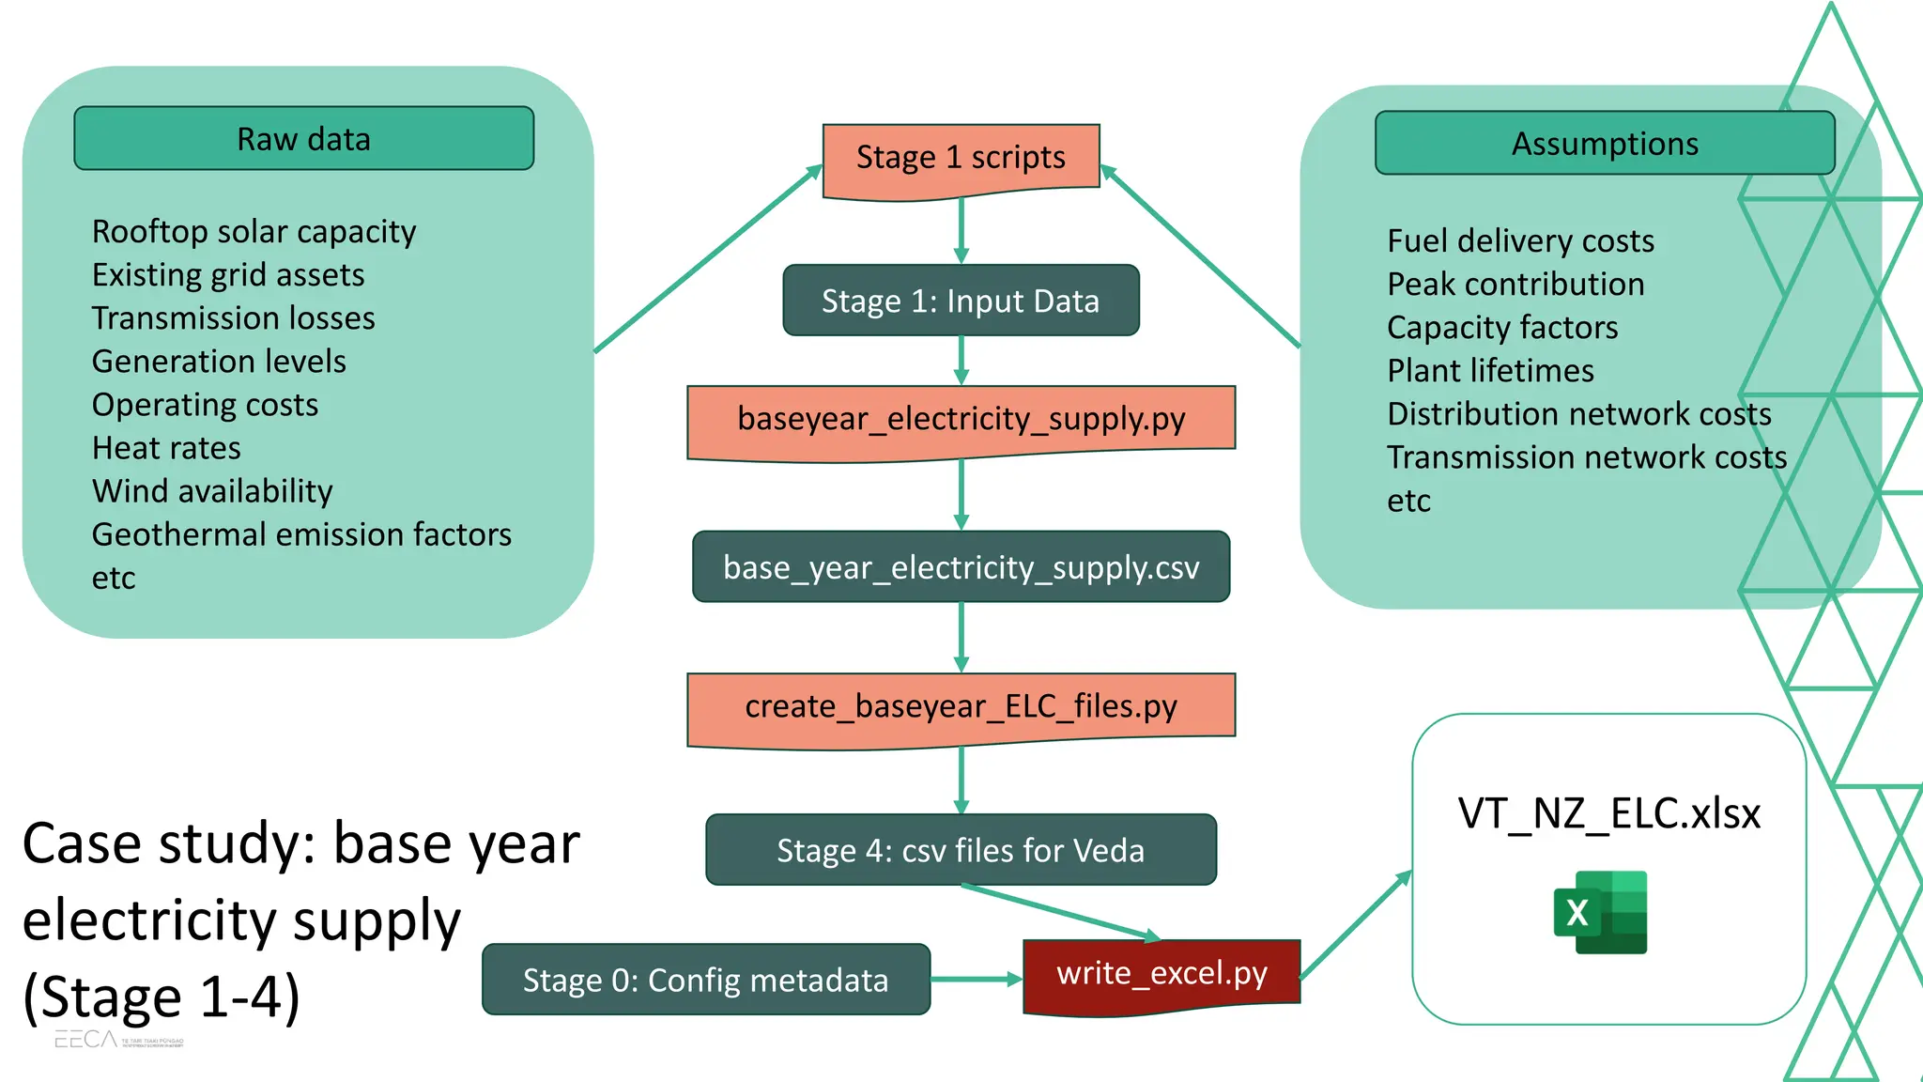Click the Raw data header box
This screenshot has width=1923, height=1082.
pyautogui.click(x=303, y=138)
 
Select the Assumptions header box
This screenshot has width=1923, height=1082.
pyautogui.click(x=1604, y=143)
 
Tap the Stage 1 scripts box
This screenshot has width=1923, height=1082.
pyautogui.click(x=961, y=157)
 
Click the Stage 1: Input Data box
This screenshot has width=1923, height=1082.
pyautogui.click(x=961, y=301)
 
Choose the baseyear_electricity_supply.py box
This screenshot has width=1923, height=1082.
pyautogui.click(x=961, y=419)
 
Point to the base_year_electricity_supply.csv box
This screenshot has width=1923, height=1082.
pyautogui.click(x=961, y=567)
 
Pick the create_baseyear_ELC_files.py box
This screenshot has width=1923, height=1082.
pyautogui.click(x=961, y=706)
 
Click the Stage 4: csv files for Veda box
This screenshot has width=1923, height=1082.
pyautogui.click(x=961, y=850)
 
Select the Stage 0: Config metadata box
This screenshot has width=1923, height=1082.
pyautogui.click(x=705, y=980)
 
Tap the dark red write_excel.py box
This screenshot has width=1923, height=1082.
pyautogui.click(x=1161, y=974)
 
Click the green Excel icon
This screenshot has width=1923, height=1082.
pyautogui.click(x=1600, y=912)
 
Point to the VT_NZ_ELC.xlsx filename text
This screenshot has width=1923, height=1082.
pyautogui.click(x=1608, y=813)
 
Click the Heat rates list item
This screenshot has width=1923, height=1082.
pyautogui.click(x=166, y=448)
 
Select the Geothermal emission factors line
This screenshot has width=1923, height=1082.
pyautogui.click(x=301, y=534)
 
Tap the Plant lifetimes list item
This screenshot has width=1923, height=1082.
pyautogui.click(x=1490, y=371)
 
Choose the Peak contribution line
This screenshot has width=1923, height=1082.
pyautogui.click(x=1515, y=285)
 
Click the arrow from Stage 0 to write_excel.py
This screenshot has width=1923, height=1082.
pyautogui.click(x=977, y=980)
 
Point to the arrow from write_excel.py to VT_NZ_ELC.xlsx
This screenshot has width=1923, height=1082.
pyautogui.click(x=1355, y=925)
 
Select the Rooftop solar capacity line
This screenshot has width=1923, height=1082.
pyautogui.click(x=254, y=232)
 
